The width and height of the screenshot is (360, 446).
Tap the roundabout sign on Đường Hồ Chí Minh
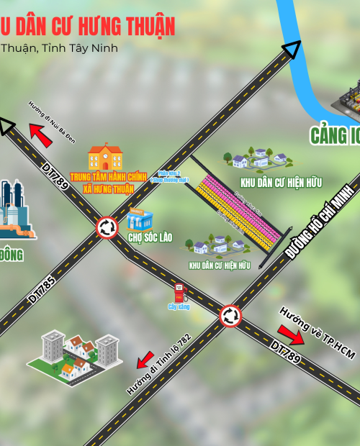point(230,314)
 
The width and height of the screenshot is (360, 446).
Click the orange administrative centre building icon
point(105,157)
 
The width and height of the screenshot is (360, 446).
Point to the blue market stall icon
point(139,219)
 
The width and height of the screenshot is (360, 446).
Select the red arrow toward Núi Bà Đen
point(41,135)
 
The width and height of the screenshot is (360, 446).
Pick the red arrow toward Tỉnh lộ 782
point(145,358)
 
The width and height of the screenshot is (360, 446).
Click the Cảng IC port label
point(335,135)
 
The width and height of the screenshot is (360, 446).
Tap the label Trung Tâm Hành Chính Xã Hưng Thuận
point(108,183)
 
